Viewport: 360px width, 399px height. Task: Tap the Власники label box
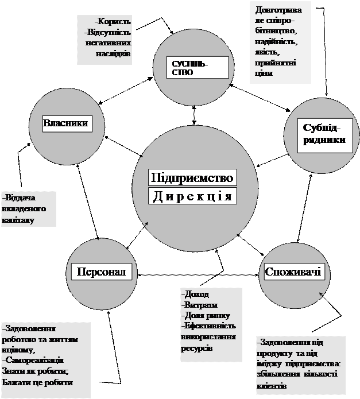click(66, 123)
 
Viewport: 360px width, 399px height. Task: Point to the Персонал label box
click(101, 271)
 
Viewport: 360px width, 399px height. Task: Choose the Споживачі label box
click(293, 271)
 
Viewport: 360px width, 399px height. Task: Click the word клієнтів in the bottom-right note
click(272, 386)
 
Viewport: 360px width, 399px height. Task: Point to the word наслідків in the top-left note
click(115, 53)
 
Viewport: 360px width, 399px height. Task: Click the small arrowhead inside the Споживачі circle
click(321, 295)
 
